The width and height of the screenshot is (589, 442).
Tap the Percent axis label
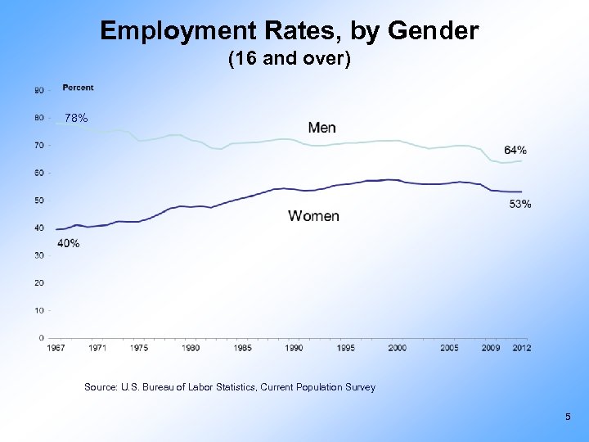coord(78,88)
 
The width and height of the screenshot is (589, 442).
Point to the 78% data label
coord(76,119)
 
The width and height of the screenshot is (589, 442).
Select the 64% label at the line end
coord(515,150)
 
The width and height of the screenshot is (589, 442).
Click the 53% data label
coord(520,204)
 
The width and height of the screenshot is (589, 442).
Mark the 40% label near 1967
coord(69,243)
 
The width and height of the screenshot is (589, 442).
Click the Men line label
coord(321,128)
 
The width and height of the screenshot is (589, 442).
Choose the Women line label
coord(313,216)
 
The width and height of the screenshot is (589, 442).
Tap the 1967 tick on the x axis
coord(56,348)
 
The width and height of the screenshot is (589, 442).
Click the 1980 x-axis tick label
coord(191,348)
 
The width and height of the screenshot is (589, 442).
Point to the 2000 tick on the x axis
coord(397,348)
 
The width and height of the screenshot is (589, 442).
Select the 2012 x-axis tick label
coord(522,348)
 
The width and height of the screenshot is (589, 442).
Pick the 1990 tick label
coord(294,348)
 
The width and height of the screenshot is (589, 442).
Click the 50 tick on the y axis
coord(40,201)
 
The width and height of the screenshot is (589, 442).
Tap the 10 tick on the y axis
coord(40,310)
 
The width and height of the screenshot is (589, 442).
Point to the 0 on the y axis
coord(42,338)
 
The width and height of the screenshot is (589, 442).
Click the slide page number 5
coord(568,418)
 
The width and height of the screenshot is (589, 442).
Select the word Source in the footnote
coord(102,387)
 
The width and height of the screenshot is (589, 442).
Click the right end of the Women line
coord(521,192)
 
